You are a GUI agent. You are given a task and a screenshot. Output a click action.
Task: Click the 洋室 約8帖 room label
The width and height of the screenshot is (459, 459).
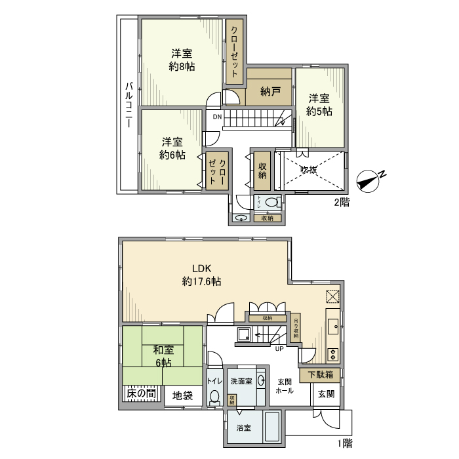point(182,60)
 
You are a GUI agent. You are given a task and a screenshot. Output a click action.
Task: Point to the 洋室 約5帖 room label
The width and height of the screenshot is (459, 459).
point(319,105)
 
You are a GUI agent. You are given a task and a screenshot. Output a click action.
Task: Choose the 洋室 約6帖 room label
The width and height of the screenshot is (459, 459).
point(172,149)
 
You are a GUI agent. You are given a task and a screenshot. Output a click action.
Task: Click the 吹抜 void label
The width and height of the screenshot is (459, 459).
point(309,170)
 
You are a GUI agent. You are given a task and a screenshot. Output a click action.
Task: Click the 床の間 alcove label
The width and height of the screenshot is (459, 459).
point(141,394)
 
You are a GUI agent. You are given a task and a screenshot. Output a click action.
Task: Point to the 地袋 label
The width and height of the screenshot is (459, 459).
point(182,395)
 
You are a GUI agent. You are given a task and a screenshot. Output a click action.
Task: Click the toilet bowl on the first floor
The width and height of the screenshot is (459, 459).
point(214,398)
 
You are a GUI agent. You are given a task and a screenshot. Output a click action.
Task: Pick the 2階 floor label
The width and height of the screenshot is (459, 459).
point(341,203)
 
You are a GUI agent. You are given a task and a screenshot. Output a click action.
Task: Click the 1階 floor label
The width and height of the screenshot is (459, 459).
point(344,443)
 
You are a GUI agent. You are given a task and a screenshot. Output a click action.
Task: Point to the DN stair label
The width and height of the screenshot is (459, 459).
point(218,117)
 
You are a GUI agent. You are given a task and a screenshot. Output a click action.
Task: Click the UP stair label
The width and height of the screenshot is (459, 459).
point(279,348)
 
